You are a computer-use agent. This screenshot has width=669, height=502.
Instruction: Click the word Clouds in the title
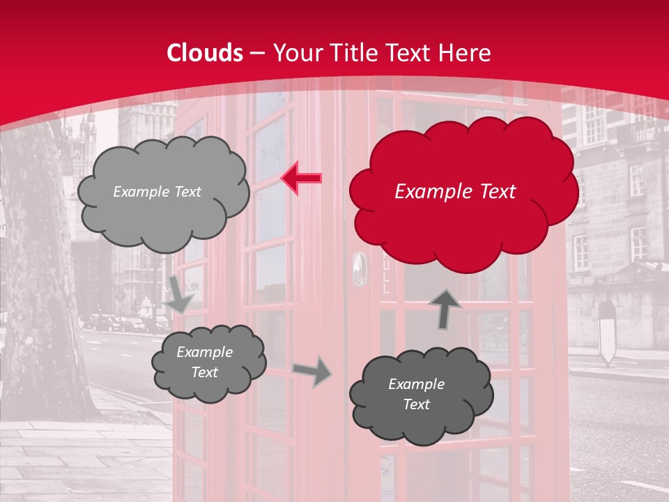pyautogui.click(x=205, y=53)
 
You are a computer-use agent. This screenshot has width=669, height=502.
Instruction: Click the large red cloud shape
pyautogui.click(x=463, y=188)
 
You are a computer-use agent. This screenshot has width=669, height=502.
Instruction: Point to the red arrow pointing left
pyautogui.click(x=301, y=178)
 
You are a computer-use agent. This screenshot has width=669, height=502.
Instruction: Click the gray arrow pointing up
pyautogui.click(x=445, y=309)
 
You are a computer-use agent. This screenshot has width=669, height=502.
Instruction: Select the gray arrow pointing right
pyautogui.click(x=312, y=372)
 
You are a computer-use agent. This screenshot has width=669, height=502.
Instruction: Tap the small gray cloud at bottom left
pyautogui.click(x=208, y=363)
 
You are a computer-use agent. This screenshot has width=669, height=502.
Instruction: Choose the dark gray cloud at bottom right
pyautogui.click(x=420, y=395)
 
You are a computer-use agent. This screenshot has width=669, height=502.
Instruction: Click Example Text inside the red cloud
pyautogui.click(x=455, y=192)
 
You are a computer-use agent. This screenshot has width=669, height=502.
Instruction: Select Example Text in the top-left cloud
pyautogui.click(x=157, y=192)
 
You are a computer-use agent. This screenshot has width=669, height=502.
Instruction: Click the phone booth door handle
pyautogui.click(x=358, y=268)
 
